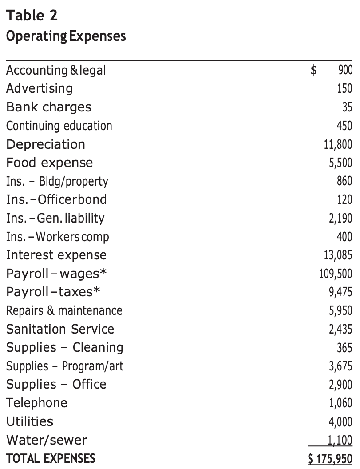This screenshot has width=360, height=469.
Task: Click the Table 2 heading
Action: pyautogui.click(x=32, y=15)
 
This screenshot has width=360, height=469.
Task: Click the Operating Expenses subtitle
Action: pyautogui.click(x=66, y=36)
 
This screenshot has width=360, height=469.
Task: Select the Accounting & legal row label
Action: pyautogui.click(x=56, y=71)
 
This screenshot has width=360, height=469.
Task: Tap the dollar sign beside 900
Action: pyautogui.click(x=314, y=70)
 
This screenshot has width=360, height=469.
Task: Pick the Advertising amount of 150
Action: pyautogui.click(x=344, y=88)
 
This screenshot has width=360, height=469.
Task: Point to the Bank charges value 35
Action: pyautogui.click(x=347, y=107)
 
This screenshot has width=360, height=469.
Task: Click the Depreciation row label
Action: pyautogui.click(x=46, y=144)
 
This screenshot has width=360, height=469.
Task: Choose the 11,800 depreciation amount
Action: pyautogui.click(x=338, y=144)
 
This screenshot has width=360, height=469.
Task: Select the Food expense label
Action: pyautogui.click(x=50, y=163)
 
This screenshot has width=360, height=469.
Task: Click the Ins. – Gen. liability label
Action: pyautogui.click(x=55, y=219)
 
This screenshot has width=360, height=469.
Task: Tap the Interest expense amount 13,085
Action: pyautogui.click(x=338, y=255)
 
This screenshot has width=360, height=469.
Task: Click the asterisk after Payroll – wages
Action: pyautogui.click(x=103, y=272)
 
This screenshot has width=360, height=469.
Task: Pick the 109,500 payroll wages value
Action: pyautogui.click(x=336, y=274)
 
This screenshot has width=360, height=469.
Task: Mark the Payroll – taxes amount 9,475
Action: pyautogui.click(x=340, y=292)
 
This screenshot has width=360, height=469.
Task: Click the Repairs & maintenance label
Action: pyautogui.click(x=64, y=310)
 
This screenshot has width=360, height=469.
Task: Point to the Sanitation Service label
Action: pyautogui.click(x=60, y=329)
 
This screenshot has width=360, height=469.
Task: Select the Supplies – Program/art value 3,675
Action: pyautogui.click(x=340, y=366)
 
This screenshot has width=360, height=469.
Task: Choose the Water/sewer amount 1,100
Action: pyautogui.click(x=340, y=440)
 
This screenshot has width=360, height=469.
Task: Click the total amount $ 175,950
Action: pyautogui.click(x=330, y=458)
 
